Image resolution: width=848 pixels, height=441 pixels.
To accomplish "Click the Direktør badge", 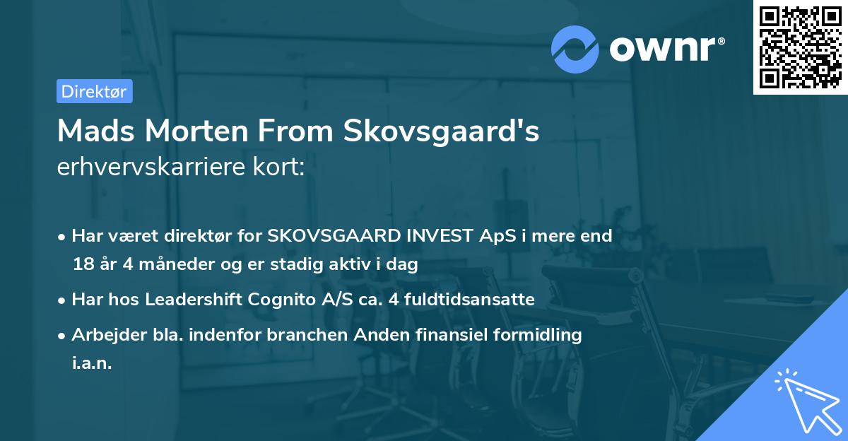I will (94, 91).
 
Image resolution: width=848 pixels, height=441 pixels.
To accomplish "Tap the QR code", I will (801, 47).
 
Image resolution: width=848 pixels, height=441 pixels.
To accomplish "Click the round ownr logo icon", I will (575, 49).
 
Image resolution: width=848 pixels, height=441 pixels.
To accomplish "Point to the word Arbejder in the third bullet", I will (102, 335).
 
